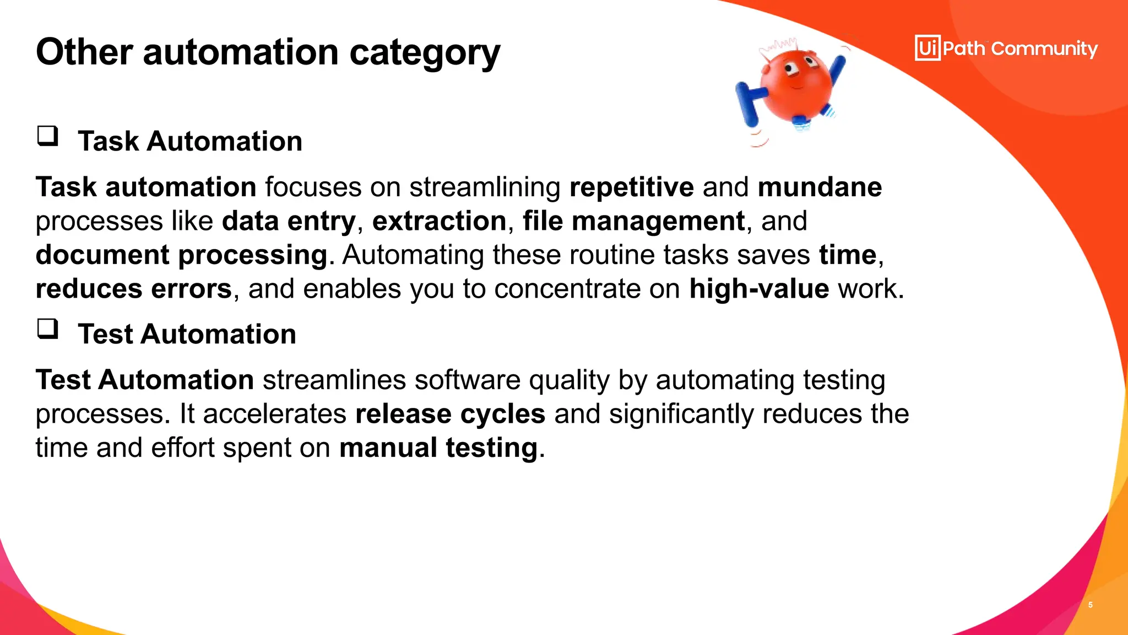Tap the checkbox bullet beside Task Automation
point(47,136)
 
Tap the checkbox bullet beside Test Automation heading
point(47,329)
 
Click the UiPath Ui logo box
point(928,48)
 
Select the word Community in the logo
point(1044,49)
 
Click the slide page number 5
point(1090,605)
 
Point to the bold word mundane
point(820,187)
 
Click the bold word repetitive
point(631,187)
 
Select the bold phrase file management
point(633,221)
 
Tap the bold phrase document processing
point(182,255)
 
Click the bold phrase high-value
point(759,289)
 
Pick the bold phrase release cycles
point(450,414)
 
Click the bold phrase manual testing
point(438,448)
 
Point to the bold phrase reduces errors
point(134,289)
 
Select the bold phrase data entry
point(289,221)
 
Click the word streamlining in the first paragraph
point(485,187)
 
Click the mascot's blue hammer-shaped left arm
point(748,102)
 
